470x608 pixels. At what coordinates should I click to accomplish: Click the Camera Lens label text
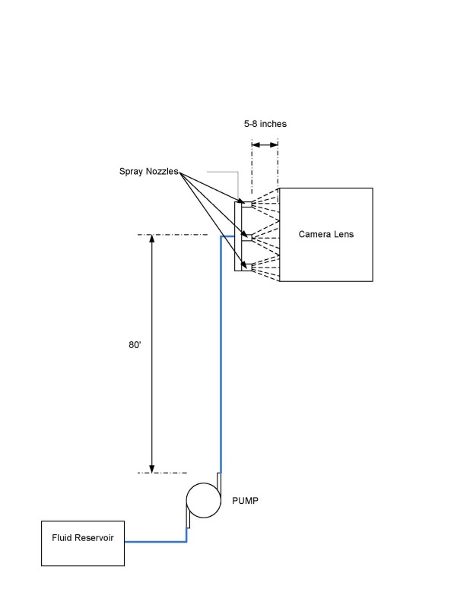pyautogui.click(x=326, y=234)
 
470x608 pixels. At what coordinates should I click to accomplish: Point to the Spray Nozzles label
pyautogui.click(x=148, y=172)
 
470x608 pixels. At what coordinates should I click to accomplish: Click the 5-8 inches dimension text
pyautogui.click(x=265, y=123)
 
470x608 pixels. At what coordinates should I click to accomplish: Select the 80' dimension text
pyautogui.click(x=135, y=344)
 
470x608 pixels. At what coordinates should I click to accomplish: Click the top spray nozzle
pyautogui.click(x=246, y=204)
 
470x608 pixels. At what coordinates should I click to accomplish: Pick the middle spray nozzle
pyautogui.click(x=246, y=237)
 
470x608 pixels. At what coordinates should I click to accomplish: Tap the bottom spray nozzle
pyautogui.click(x=246, y=265)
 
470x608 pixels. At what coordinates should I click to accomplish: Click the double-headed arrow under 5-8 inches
pyautogui.click(x=265, y=144)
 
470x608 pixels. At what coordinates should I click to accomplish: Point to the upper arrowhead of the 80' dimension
pyautogui.click(x=152, y=240)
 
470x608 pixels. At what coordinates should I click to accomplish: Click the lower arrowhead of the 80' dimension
pyautogui.click(x=152, y=467)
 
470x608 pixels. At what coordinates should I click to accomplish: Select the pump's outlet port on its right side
pyautogui.click(x=218, y=482)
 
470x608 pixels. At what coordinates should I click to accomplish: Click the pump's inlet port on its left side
pyautogui.click(x=187, y=519)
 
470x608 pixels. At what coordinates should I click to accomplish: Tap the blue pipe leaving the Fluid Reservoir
pyautogui.click(x=155, y=542)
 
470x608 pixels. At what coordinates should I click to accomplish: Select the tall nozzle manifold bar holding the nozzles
pyautogui.click(x=238, y=236)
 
